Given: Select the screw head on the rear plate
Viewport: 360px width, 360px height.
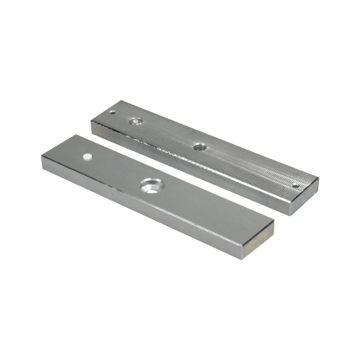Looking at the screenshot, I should [136, 122].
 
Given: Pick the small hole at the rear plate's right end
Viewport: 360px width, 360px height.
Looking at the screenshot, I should [296, 183].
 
